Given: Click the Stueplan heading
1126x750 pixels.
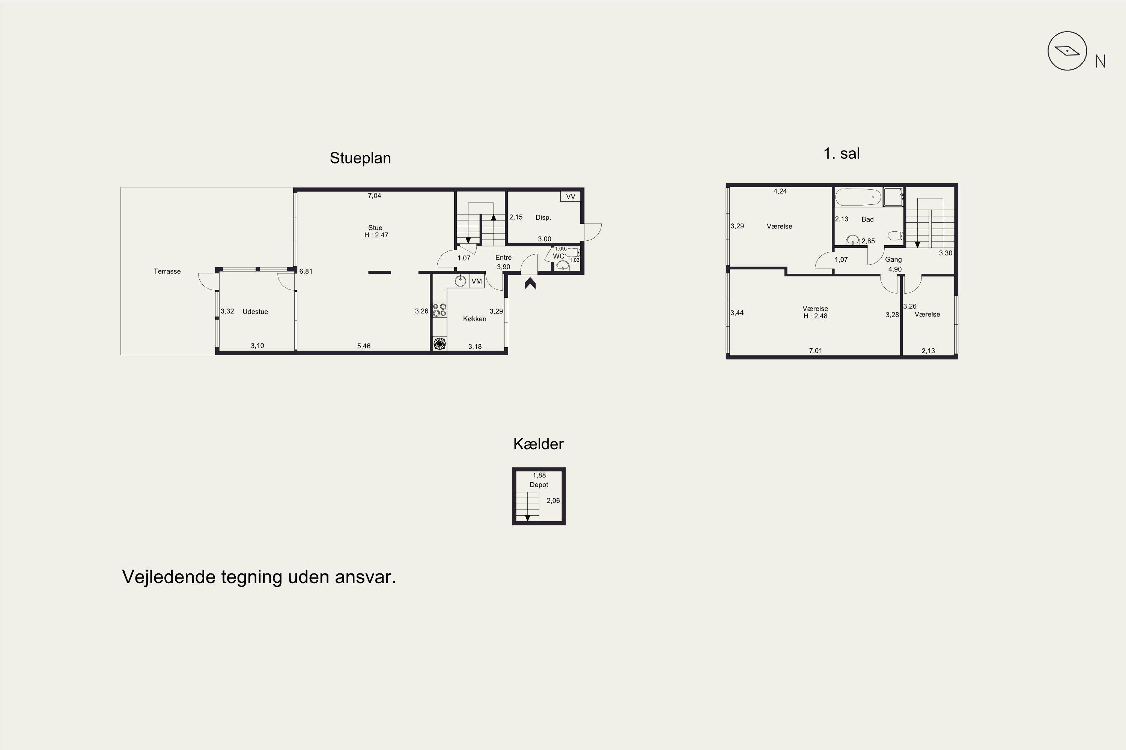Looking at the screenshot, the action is coord(360,158).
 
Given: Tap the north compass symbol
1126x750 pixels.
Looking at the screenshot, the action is coord(1067,51).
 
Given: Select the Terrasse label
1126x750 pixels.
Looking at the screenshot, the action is coord(167,271).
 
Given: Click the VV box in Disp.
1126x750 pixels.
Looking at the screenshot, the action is coord(570,196).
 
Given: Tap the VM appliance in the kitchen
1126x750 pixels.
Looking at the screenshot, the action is coord(477,281).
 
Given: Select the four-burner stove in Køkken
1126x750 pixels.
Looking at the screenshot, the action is coord(440,310).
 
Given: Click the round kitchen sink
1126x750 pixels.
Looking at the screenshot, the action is coord(460,281).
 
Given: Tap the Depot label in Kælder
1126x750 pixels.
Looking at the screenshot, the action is coord(539,485).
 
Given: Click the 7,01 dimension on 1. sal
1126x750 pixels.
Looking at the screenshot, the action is coord(815,351).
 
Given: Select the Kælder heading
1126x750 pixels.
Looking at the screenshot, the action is coord(538,444).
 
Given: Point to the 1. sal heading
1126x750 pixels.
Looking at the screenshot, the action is coord(841,153).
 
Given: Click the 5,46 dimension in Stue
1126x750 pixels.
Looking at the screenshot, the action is coord(363,346).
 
